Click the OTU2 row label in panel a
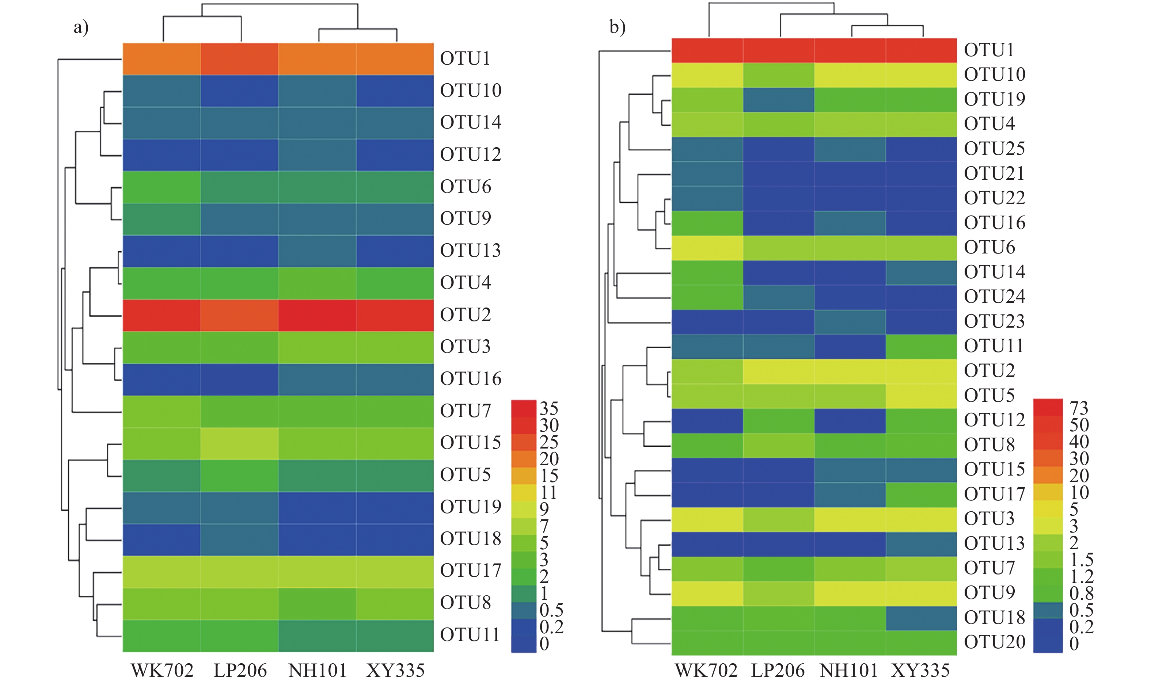coord(466,315)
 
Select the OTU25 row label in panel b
coord(995,149)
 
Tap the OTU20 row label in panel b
coord(995,642)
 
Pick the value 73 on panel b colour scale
coord(1079,408)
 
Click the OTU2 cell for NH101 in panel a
coord(317,315)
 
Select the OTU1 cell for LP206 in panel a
coord(239,59)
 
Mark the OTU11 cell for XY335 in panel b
coord(921,346)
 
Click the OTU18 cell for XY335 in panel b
coord(921,618)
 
